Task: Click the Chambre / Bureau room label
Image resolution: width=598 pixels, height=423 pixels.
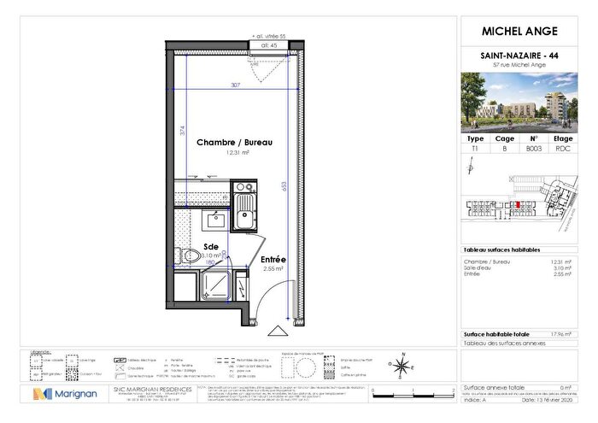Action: point(234,142)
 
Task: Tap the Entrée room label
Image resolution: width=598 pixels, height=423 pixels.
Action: point(273,259)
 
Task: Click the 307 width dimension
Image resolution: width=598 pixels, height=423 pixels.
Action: point(234,85)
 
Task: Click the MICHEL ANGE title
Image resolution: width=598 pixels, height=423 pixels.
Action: point(519,32)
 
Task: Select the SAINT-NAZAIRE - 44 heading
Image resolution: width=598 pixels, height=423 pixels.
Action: point(519,55)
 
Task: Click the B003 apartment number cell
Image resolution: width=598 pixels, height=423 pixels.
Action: point(534,148)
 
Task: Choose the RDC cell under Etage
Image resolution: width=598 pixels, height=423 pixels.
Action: point(563,148)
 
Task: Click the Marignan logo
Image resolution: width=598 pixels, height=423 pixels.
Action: point(61,394)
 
